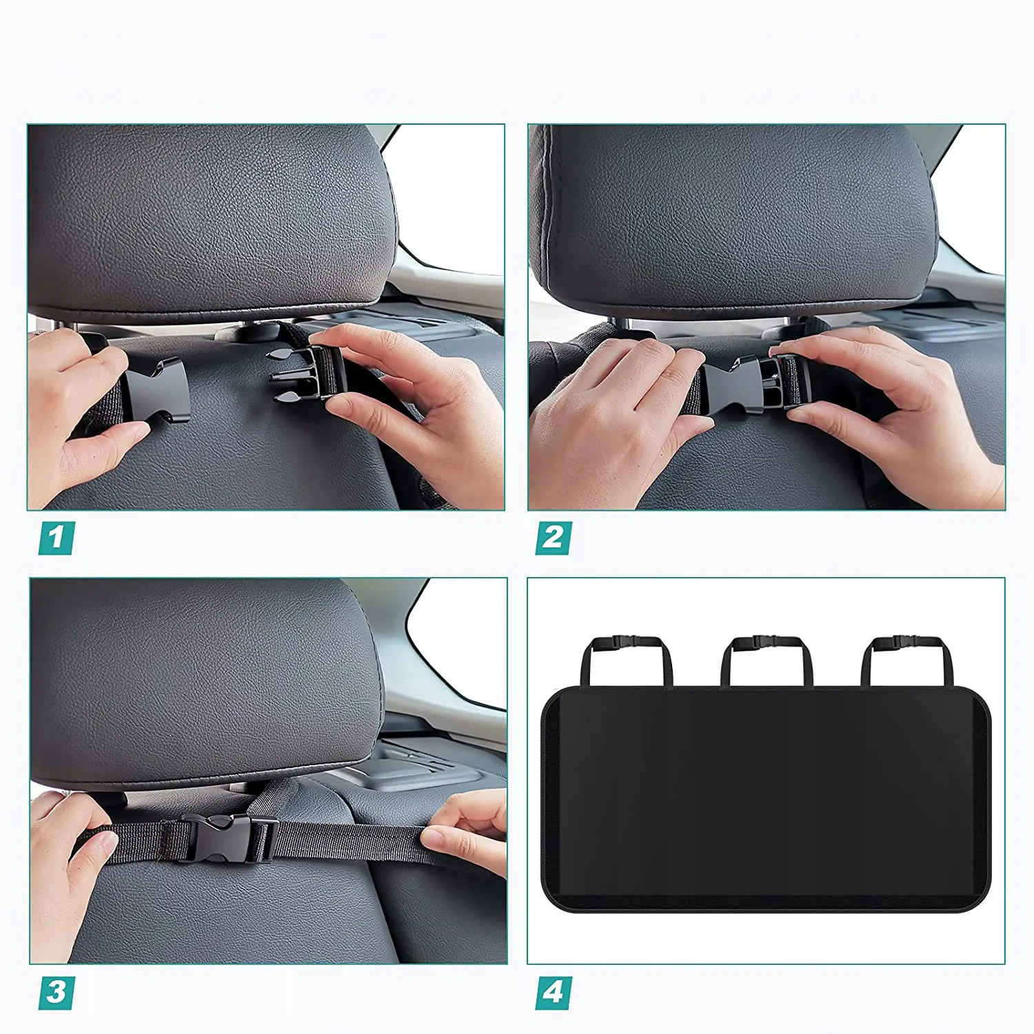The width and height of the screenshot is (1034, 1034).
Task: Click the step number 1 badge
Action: click(57, 538)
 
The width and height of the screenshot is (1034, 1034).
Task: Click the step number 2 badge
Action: click(554, 538)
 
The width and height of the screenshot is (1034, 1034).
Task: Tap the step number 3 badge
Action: click(57, 993)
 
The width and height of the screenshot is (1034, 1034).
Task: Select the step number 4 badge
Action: click(554, 993)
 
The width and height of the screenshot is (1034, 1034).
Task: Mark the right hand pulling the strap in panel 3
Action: click(465, 834)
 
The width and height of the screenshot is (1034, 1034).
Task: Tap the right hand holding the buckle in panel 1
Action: click(414, 400)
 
